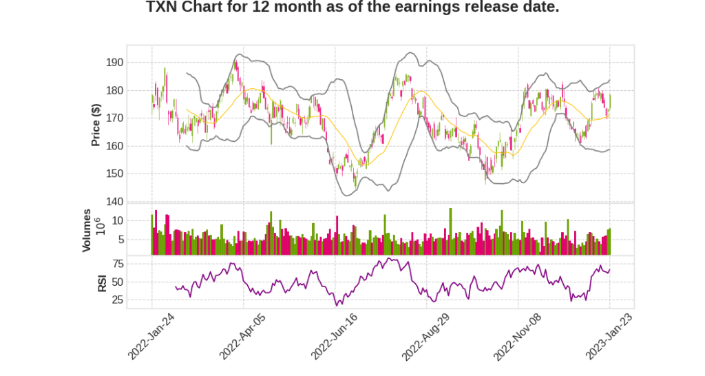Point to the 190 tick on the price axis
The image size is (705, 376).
[x=114, y=63]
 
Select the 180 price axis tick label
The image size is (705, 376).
[x=114, y=90]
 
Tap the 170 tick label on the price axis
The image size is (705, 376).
[x=114, y=118]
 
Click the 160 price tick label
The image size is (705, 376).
[x=114, y=146]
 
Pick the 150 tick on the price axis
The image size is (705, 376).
[x=114, y=174]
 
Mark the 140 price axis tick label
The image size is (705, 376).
[x=114, y=202]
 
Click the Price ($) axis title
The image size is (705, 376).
[x=96, y=125]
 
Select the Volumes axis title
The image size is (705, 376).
[x=87, y=230]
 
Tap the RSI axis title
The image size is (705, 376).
[x=102, y=282]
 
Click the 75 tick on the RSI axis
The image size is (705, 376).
[x=117, y=264]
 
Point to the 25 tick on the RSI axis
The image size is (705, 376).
[x=117, y=300]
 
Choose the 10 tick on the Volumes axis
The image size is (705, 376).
[x=117, y=220]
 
